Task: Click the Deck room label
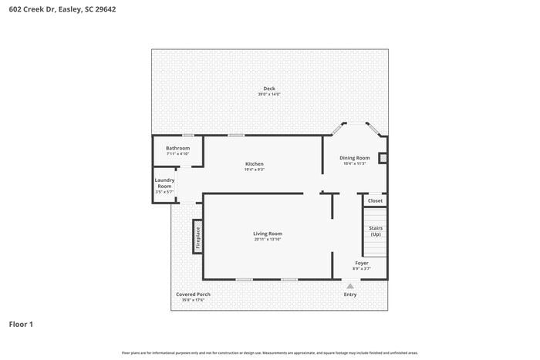(269, 89)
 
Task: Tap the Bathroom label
(177, 148)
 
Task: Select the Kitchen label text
(255, 164)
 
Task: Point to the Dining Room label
(355, 158)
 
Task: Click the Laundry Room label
(164, 183)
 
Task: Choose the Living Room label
(268, 234)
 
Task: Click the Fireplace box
(197, 237)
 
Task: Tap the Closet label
(375, 200)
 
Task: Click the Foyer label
(362, 263)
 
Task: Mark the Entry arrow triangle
(350, 286)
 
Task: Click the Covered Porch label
(193, 294)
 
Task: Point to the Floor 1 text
(21, 324)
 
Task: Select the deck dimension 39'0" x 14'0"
(269, 95)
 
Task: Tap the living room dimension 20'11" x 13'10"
(268, 240)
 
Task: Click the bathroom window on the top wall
(187, 136)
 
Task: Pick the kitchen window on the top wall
(236, 136)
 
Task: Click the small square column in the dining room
(383, 158)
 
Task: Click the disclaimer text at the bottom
(269, 352)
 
